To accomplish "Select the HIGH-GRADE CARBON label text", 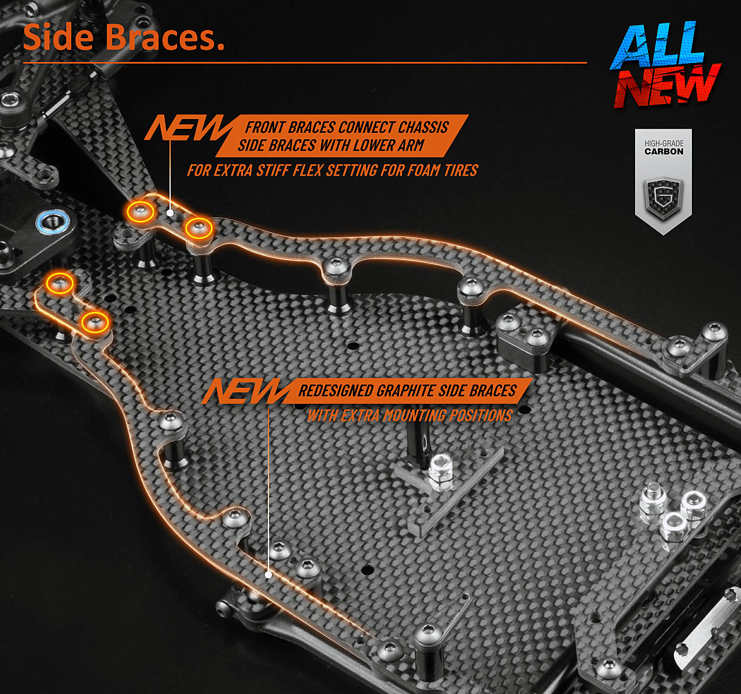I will [x=663, y=147].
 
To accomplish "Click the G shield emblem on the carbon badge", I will [x=663, y=197].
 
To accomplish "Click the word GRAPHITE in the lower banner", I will [x=406, y=391].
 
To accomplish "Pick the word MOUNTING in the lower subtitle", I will [x=414, y=415].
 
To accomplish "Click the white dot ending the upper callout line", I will [x=170, y=213].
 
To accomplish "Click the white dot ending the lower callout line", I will [x=268, y=574].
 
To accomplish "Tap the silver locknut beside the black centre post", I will [x=441, y=466].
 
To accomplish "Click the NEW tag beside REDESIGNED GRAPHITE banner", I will [x=245, y=391].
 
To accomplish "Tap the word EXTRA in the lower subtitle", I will [x=360, y=415].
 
